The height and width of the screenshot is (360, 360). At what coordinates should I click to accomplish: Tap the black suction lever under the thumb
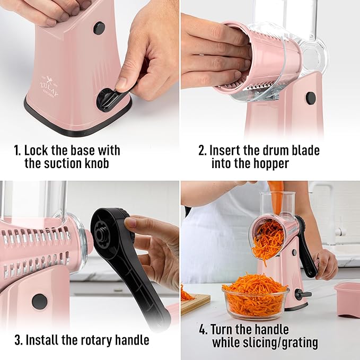point(109,97)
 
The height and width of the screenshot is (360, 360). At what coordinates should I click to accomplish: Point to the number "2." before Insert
point(203,151)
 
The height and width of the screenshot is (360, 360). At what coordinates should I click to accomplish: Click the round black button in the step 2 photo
point(311,98)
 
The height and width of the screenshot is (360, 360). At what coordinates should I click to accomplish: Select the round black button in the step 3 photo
point(39,301)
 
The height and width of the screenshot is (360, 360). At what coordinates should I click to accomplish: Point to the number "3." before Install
point(19,340)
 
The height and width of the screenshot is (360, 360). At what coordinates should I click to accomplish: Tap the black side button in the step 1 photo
point(99,28)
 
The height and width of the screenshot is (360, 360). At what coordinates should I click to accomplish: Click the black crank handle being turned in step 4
point(307,249)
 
